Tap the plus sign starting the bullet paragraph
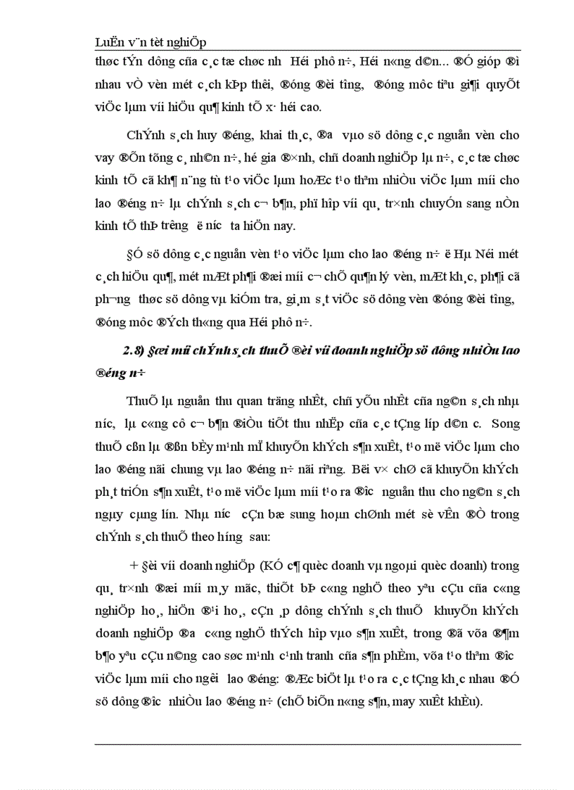click(x=132, y=565)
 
